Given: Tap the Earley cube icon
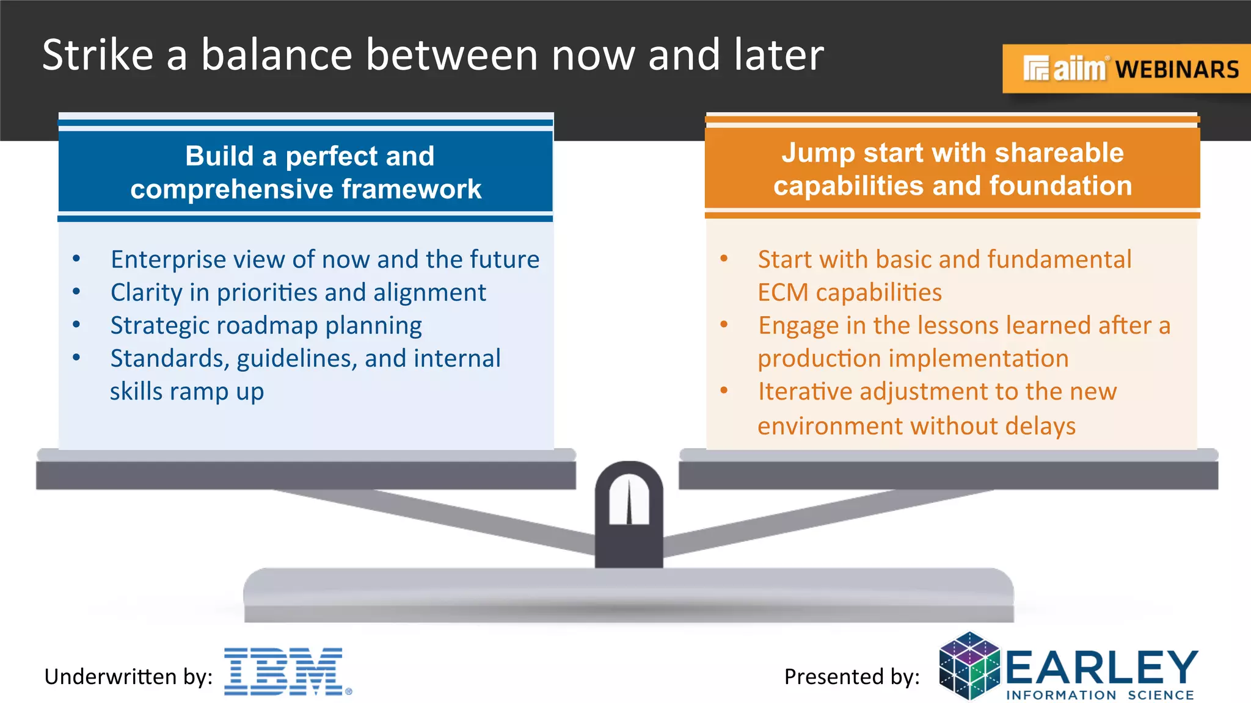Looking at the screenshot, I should (969, 666).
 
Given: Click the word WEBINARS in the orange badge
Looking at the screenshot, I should (1177, 70).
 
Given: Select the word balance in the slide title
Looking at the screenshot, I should (277, 55).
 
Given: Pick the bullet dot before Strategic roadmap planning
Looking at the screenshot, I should (76, 325).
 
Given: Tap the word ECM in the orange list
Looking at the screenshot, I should (782, 293).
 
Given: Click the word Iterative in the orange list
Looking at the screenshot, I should (804, 392).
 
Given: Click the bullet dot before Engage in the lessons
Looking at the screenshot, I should (724, 325).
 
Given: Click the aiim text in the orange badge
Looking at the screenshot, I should (1078, 70).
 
